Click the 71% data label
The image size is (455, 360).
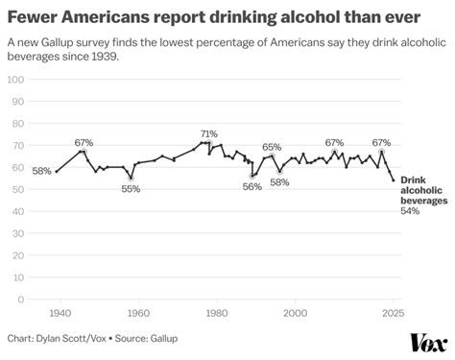click(208, 133)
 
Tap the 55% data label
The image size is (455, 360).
click(131, 189)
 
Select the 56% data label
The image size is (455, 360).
click(251, 186)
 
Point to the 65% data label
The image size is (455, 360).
click(272, 147)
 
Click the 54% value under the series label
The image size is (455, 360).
click(410, 210)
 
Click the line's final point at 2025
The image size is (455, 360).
click(393, 180)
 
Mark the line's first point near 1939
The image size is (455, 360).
click(57, 172)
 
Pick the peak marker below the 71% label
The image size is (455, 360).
click(208, 143)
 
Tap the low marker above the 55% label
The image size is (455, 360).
click(131, 178)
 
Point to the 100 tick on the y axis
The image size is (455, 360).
click(15, 78)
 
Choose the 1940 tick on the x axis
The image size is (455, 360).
click(60, 313)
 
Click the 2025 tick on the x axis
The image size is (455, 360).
click(392, 313)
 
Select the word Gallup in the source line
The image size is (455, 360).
click(161, 338)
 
